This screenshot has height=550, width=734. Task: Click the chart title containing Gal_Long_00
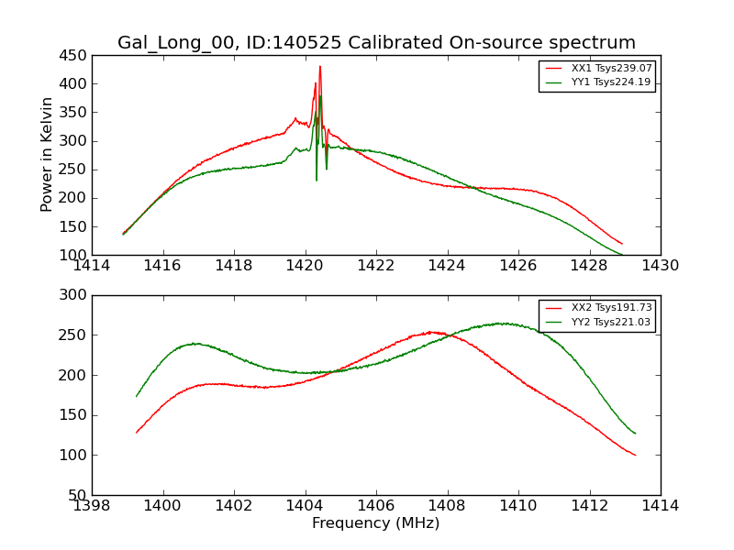pos(376,43)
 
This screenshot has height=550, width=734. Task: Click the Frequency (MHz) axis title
pos(376,523)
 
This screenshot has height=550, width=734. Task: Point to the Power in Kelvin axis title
pos(48,155)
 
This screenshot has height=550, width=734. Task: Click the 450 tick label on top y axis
pos(76,56)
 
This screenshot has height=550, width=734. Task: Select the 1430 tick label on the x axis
pos(661,266)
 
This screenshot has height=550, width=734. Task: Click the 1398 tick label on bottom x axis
pos(92,506)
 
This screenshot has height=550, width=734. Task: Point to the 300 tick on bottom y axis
pos(76,295)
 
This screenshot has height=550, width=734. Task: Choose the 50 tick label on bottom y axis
pos(80,496)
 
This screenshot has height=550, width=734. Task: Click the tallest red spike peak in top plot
pos(320,66)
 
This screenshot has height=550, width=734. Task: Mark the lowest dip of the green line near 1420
pos(317,180)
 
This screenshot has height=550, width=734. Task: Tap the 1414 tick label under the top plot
pos(92,266)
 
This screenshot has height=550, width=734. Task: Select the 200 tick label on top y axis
pos(76,198)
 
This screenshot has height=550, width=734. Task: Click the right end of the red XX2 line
pos(635,455)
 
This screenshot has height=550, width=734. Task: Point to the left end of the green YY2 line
pos(137,396)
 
